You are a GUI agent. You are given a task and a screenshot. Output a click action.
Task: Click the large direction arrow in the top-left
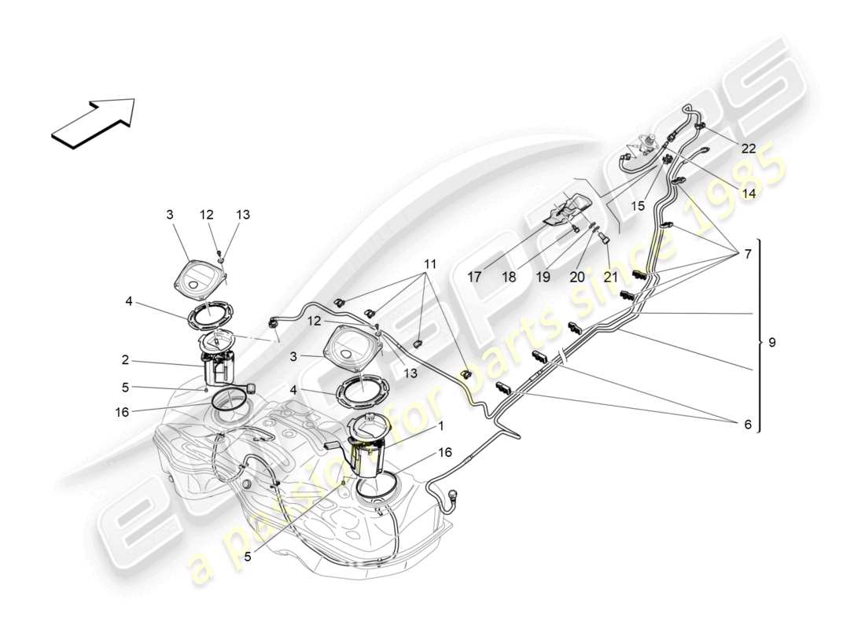[x=93, y=122]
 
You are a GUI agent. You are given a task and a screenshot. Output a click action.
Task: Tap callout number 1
[x=441, y=425]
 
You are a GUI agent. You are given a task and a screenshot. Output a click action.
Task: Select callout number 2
[x=125, y=361]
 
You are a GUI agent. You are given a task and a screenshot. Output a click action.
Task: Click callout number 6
[x=747, y=425]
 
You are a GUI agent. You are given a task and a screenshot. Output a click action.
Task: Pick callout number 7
[x=747, y=254]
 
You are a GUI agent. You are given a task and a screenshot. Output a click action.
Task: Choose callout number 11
[x=429, y=265]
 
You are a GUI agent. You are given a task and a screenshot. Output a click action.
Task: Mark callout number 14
[x=748, y=192]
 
